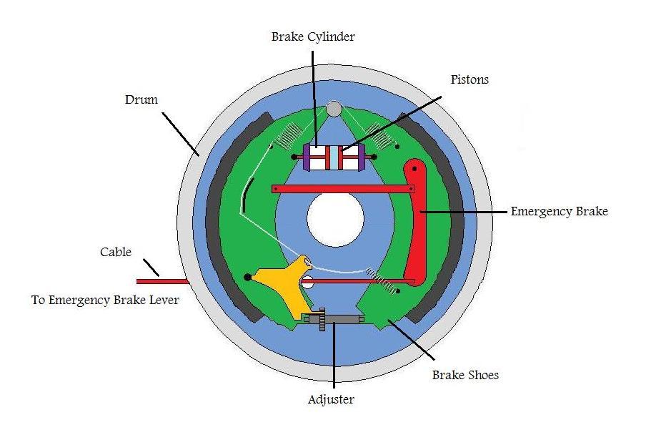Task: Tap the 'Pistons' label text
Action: [x=469, y=79]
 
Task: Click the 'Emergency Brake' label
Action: [x=559, y=212]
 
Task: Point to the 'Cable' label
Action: [x=115, y=252]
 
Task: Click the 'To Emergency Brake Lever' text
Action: [x=105, y=300]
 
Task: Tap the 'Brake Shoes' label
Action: [x=465, y=374]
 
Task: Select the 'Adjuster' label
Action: [x=331, y=400]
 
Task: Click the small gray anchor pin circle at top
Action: [x=334, y=109]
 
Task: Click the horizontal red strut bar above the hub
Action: [x=343, y=189]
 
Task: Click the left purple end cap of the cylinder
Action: [x=307, y=157]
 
